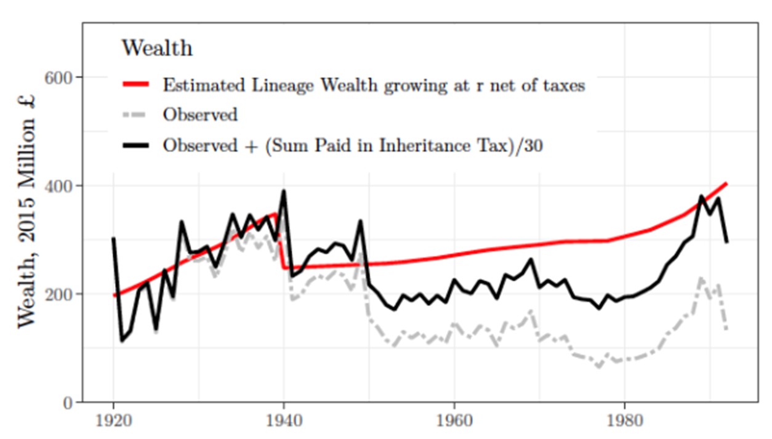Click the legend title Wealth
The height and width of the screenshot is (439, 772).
click(x=157, y=47)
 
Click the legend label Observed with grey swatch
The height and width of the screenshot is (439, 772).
click(x=200, y=115)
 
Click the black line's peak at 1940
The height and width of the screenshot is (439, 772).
click(x=284, y=191)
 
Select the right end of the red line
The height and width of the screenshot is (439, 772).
click(x=727, y=183)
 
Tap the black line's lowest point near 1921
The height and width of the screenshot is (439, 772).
click(x=122, y=340)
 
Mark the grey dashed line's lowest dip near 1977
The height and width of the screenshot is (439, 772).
click(x=598, y=367)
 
